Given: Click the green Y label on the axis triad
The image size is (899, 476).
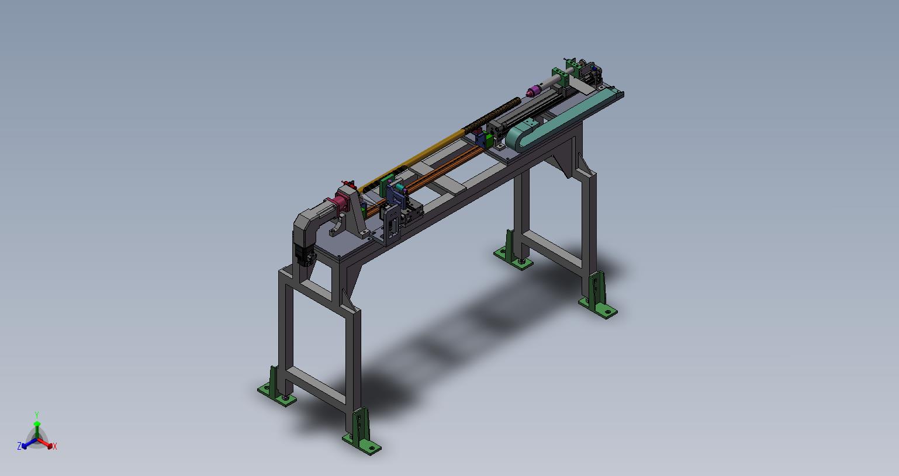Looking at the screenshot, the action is click(36, 415).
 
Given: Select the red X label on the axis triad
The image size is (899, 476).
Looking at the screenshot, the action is click(55, 446).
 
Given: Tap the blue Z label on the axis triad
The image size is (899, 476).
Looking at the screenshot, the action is click(19, 446).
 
